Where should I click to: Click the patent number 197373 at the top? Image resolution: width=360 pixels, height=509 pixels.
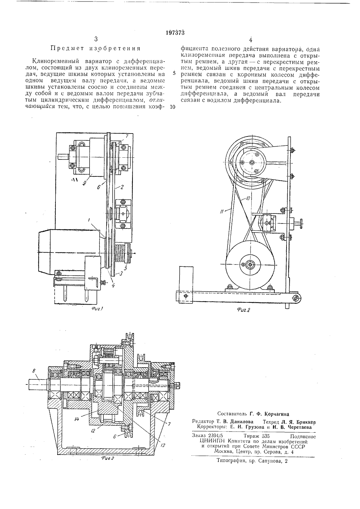pos(175,33)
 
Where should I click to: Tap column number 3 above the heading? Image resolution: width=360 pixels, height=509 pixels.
pos(96,39)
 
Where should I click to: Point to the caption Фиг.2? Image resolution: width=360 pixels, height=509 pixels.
pos(243,310)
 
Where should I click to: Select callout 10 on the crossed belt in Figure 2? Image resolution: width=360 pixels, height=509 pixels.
pos(248,199)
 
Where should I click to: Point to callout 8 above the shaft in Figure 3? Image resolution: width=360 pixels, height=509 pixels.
pos(34,371)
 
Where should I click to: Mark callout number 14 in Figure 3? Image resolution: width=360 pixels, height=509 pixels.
pos(76,419)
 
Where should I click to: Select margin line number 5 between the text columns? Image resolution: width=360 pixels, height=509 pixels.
pos(174,73)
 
